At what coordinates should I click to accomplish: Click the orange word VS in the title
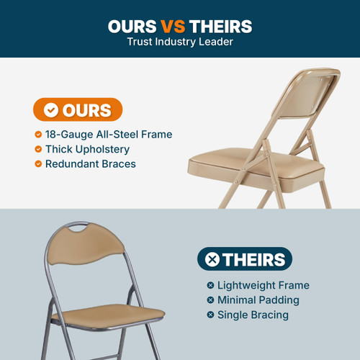174,27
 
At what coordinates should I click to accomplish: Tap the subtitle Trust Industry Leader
180,42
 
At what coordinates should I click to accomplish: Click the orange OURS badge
78,110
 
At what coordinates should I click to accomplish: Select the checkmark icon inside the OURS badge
51,110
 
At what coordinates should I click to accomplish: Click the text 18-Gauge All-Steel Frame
109,135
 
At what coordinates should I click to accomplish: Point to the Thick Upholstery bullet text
87,149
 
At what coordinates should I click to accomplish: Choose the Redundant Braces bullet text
90,164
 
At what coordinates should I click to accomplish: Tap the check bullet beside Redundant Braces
37,164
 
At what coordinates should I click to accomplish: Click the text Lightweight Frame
263,286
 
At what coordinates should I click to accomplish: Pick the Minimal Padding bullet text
258,300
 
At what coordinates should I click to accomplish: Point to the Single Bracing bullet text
253,315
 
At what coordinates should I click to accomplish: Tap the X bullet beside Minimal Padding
210,300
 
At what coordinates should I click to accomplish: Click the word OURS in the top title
132,27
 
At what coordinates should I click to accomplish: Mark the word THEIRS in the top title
220,27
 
